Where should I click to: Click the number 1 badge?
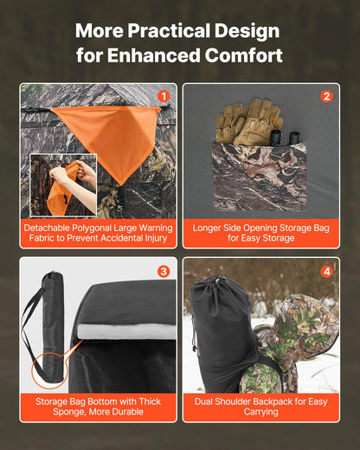(164, 96)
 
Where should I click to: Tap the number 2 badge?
(326, 96)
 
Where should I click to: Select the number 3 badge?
(164, 271)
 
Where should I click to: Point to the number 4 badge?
(326, 271)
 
